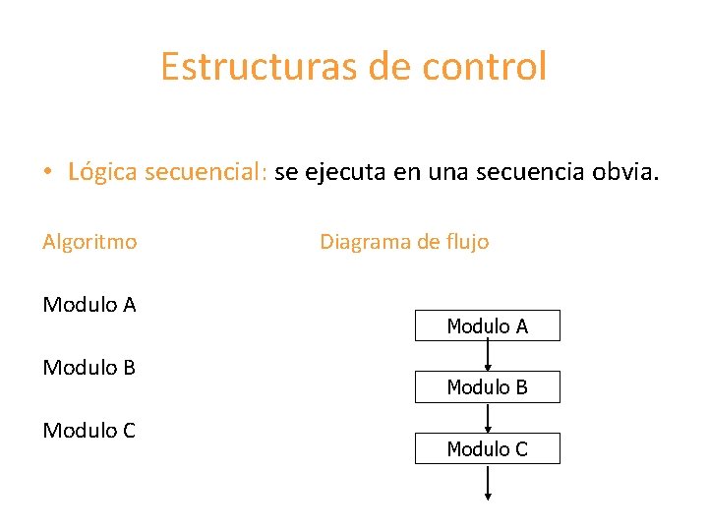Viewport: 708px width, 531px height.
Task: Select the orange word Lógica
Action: [x=103, y=172]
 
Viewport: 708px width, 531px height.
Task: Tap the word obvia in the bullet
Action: [x=626, y=172]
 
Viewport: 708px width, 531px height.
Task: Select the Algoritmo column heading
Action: [x=89, y=241]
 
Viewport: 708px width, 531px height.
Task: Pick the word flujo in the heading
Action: [x=465, y=241]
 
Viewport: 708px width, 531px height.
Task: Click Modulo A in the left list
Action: [x=89, y=304]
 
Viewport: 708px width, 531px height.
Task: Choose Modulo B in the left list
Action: [x=89, y=368]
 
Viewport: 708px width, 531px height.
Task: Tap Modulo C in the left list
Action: [x=89, y=431]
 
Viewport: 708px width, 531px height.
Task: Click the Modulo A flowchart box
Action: [x=487, y=325]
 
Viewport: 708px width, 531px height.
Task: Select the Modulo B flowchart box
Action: [x=487, y=387]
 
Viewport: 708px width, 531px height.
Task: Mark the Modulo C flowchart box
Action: [x=487, y=448]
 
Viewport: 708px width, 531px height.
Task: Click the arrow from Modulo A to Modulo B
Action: [x=488, y=356]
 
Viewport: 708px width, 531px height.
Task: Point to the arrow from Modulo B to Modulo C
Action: [x=488, y=417]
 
